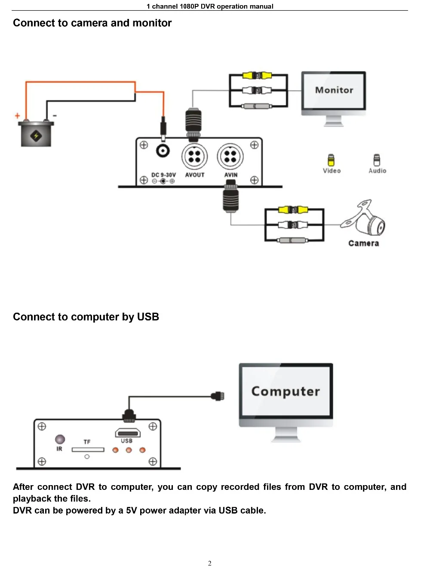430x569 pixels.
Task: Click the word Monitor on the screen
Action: pyautogui.click(x=334, y=90)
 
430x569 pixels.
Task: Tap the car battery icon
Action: pyautogui.click(x=36, y=133)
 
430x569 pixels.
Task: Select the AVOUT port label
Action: pyautogui.click(x=195, y=175)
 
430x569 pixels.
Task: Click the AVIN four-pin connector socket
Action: pyautogui.click(x=230, y=156)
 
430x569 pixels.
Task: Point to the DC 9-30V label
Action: pyautogui.click(x=163, y=175)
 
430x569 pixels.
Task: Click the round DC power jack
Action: pyautogui.click(x=163, y=151)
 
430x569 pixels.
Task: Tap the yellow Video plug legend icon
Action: pyautogui.click(x=331, y=160)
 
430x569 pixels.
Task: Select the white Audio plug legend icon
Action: pyautogui.click(x=377, y=160)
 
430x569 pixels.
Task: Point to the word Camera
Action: pyautogui.click(x=363, y=243)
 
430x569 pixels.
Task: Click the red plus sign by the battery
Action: pyautogui.click(x=17, y=116)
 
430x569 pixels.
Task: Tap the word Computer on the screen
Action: pyautogui.click(x=286, y=391)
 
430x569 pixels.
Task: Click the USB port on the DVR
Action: pyautogui.click(x=128, y=433)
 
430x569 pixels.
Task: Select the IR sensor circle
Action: pyautogui.click(x=60, y=440)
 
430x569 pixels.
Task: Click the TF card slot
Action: pyautogui.click(x=88, y=450)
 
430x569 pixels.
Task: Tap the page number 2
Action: pyautogui.click(x=210, y=563)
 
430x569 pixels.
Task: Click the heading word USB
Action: pyautogui.click(x=148, y=317)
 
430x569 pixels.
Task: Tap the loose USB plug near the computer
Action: pyautogui.click(x=218, y=396)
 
